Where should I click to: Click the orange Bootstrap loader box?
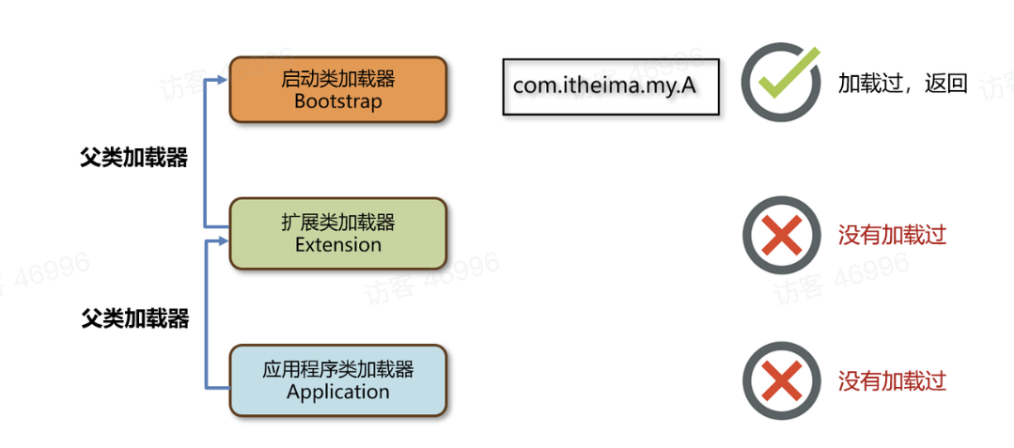click(x=338, y=90)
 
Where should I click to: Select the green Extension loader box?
click(x=338, y=233)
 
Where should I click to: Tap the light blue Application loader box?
click(x=338, y=380)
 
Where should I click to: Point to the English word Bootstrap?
click(x=338, y=101)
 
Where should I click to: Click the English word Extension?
click(x=338, y=244)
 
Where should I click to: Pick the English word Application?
click(x=338, y=392)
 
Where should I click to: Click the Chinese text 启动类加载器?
click(x=338, y=79)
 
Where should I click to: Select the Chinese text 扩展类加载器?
click(x=338, y=223)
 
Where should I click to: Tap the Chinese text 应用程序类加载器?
click(x=338, y=370)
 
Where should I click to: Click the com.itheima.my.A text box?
click(x=611, y=86)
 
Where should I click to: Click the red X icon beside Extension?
click(x=782, y=235)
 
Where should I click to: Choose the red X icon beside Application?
click(x=782, y=380)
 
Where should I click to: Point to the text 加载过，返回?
click(x=903, y=84)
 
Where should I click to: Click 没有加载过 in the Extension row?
click(x=893, y=235)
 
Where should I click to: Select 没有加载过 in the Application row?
click(x=893, y=380)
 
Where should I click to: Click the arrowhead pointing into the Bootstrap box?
click(x=223, y=80)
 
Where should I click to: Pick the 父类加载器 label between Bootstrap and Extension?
click(x=134, y=158)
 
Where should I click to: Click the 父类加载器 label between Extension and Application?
click(x=134, y=318)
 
